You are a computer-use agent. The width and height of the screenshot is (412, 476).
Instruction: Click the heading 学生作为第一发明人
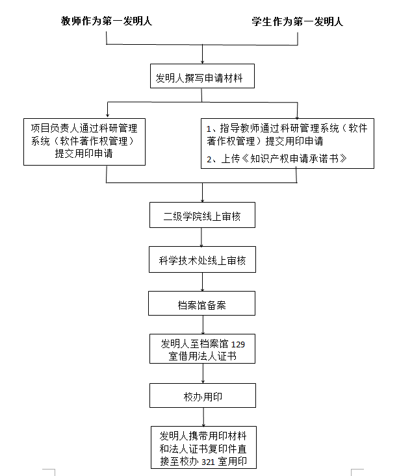pos(298,21)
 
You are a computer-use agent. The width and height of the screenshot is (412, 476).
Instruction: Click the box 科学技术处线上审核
pos(202,262)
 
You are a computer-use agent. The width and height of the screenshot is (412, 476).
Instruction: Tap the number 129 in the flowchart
pos(238,344)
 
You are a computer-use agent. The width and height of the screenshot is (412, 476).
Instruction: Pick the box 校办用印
pos(202,395)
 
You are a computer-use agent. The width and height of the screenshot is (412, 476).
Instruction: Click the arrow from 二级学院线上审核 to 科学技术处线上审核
pos(202,238)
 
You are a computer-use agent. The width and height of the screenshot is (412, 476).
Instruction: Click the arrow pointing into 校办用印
pos(203,375)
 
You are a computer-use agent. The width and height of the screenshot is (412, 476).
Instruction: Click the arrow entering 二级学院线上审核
pos(203,193)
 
